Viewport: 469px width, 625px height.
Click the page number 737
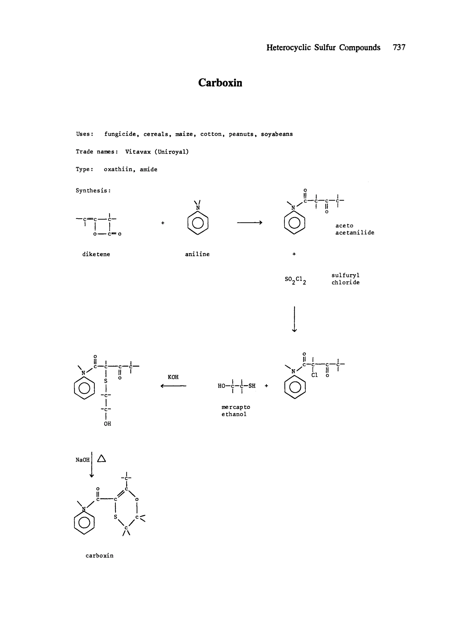pos(399,47)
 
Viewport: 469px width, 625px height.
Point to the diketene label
pos(96,254)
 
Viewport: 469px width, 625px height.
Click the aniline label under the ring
pos(197,254)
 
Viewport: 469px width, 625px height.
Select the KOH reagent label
pos(173,377)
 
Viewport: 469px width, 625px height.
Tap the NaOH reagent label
pos(82,460)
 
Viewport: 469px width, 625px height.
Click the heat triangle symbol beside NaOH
pos(101,458)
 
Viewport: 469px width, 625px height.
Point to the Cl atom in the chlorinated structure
pos(314,375)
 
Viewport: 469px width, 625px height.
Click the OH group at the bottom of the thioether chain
pos(107,424)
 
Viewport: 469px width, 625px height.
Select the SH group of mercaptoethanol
pos(252,386)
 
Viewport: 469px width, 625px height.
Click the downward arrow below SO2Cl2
pos(294,319)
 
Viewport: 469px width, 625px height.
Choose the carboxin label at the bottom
pos(100,555)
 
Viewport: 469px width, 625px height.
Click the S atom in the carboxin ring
pos(115,517)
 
